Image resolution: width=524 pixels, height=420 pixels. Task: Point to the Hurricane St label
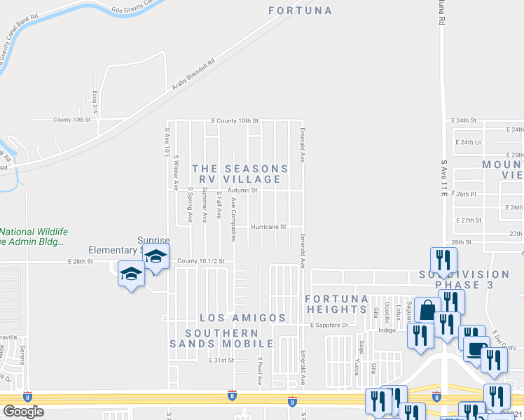point(270,227)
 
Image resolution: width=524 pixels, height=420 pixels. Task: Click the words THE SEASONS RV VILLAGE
point(240,174)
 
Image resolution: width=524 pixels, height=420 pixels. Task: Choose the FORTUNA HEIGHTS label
point(337,304)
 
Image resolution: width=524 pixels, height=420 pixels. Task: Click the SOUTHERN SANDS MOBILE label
point(221,338)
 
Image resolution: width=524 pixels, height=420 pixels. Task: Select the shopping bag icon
point(427,309)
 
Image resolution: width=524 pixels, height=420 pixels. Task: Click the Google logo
point(23,412)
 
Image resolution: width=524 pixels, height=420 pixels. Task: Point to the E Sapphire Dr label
point(329,325)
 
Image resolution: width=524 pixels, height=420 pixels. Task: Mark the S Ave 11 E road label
point(444,179)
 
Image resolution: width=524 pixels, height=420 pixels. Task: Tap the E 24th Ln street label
point(469,142)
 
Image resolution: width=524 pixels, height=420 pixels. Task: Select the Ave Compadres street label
point(233,219)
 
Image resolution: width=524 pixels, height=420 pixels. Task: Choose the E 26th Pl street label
point(464,194)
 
